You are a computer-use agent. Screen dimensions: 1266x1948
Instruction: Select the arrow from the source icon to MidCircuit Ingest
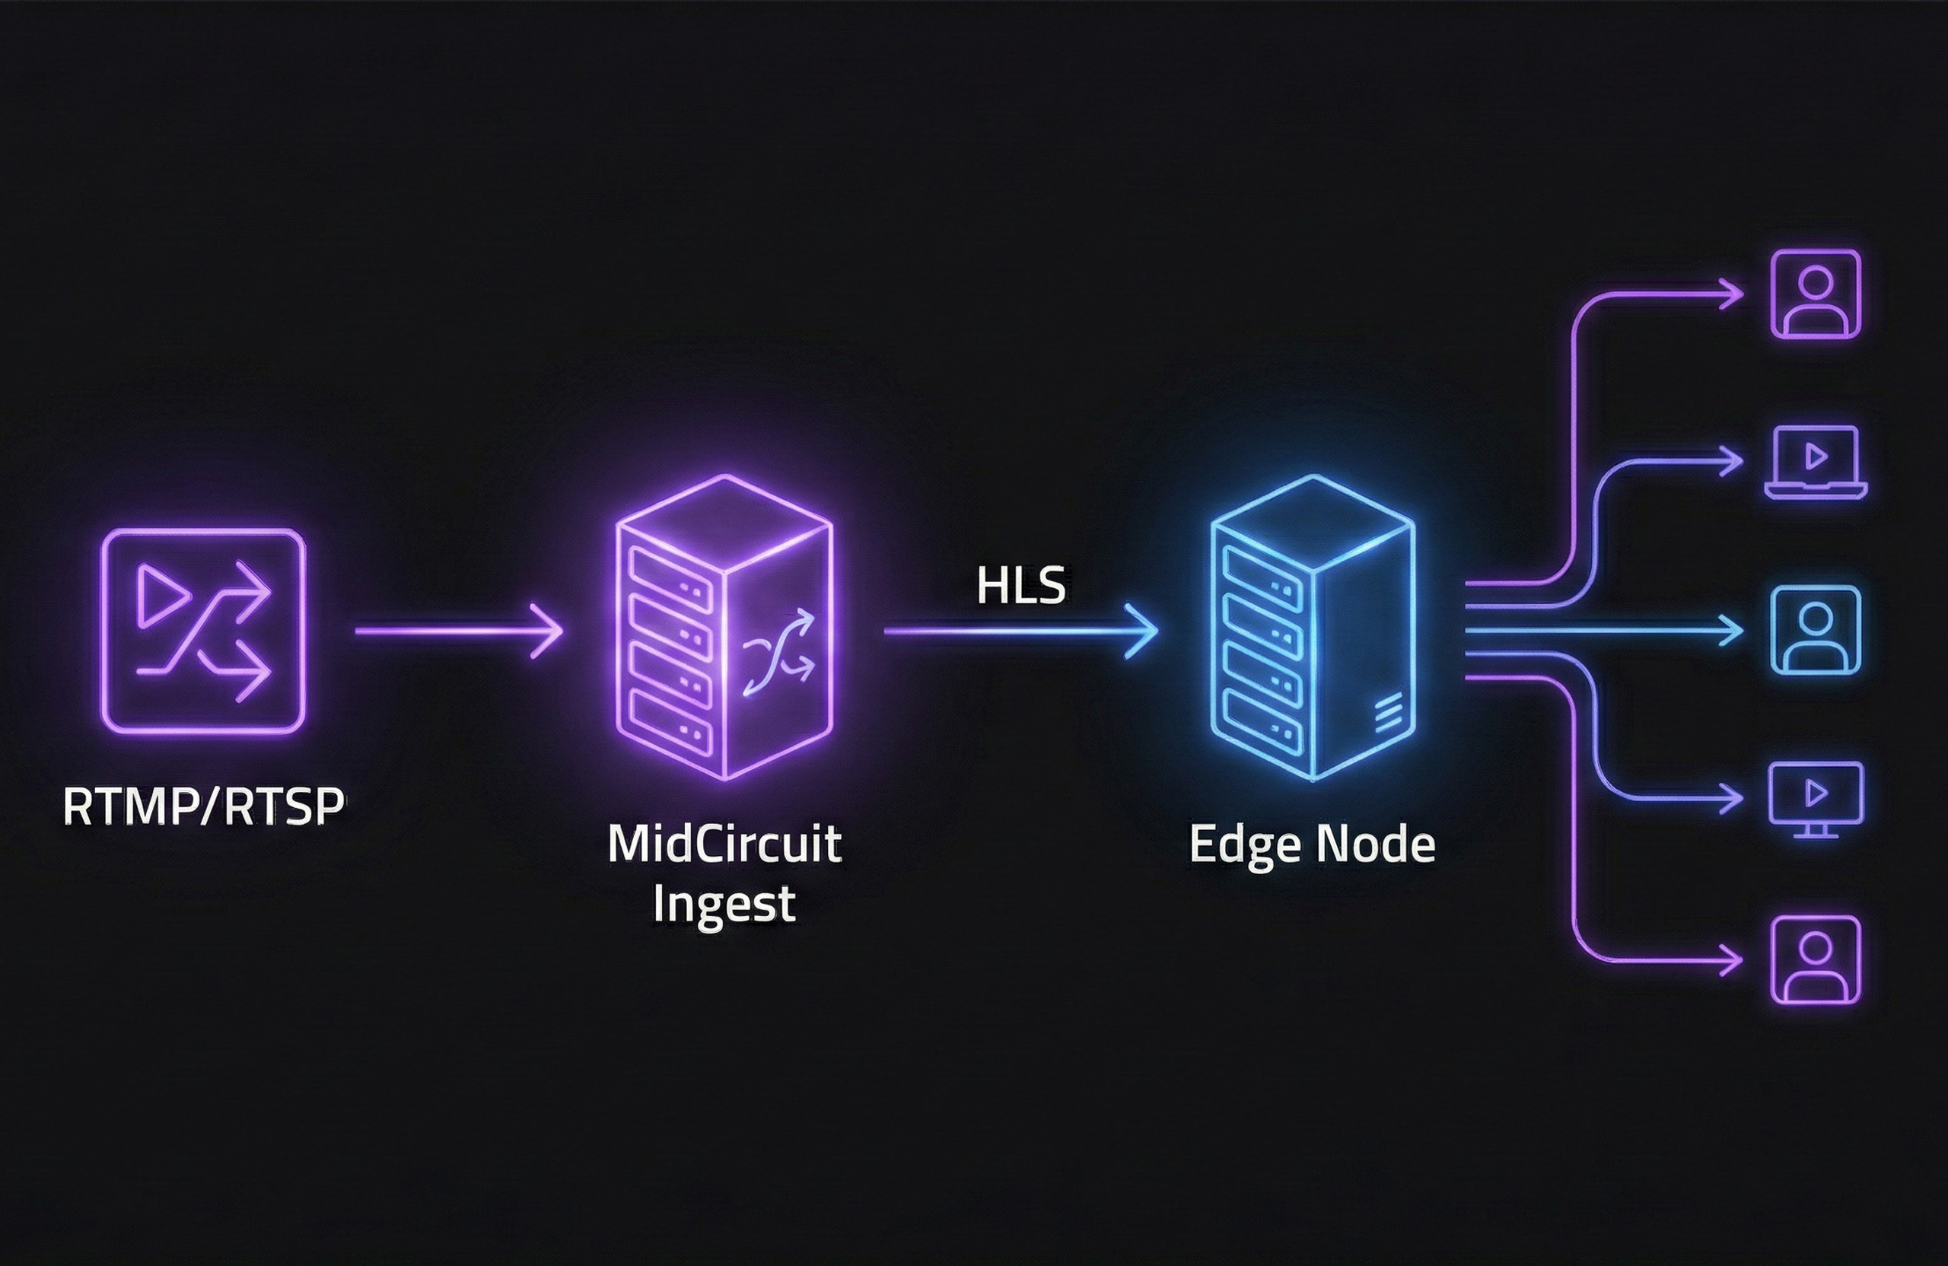point(458,631)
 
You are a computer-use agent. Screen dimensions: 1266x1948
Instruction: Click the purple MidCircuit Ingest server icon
point(724,627)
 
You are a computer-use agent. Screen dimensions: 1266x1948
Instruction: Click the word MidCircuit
point(724,844)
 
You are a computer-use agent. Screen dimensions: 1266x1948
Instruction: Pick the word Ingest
point(724,902)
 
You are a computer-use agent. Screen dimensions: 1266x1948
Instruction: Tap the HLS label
point(1020,587)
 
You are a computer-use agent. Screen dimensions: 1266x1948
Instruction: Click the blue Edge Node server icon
point(1313,627)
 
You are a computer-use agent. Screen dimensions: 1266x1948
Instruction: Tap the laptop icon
point(1815,463)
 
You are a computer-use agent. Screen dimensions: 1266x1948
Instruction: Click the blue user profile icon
point(1816,630)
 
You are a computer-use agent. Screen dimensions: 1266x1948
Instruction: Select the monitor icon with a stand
point(1816,799)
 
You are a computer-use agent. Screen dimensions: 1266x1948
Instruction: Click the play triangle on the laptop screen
point(1816,456)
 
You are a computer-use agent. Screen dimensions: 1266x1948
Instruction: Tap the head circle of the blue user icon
point(1816,617)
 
